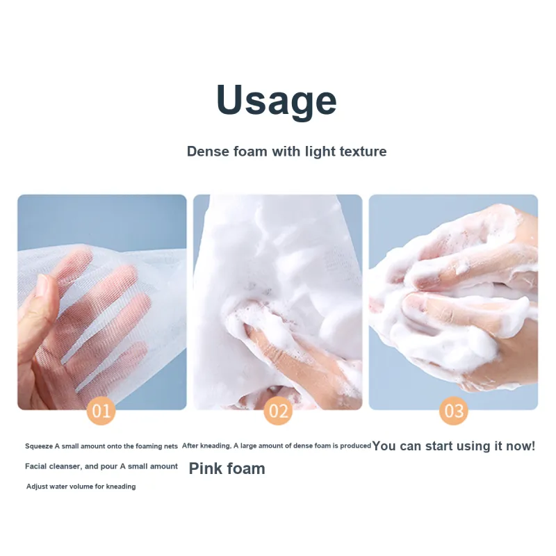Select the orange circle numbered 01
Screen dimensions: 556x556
tap(101, 411)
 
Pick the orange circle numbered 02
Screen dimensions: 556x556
tap(278, 411)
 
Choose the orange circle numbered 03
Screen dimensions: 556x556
tap(454, 411)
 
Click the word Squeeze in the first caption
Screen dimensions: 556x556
tap(39, 446)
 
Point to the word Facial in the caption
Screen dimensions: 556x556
tap(34, 466)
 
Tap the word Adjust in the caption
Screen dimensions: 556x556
tap(36, 486)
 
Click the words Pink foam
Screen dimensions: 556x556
tap(227, 468)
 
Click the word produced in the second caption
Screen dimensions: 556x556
tap(355, 445)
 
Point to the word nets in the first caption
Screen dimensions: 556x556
tap(170, 446)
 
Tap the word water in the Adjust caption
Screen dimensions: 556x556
tap(57, 486)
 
